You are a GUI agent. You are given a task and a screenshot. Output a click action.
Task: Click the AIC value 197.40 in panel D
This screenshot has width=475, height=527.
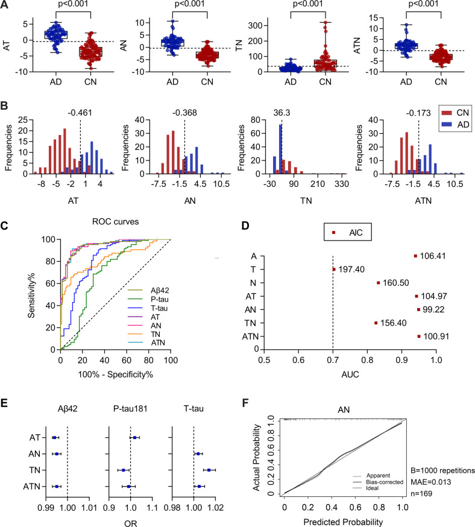353,270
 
